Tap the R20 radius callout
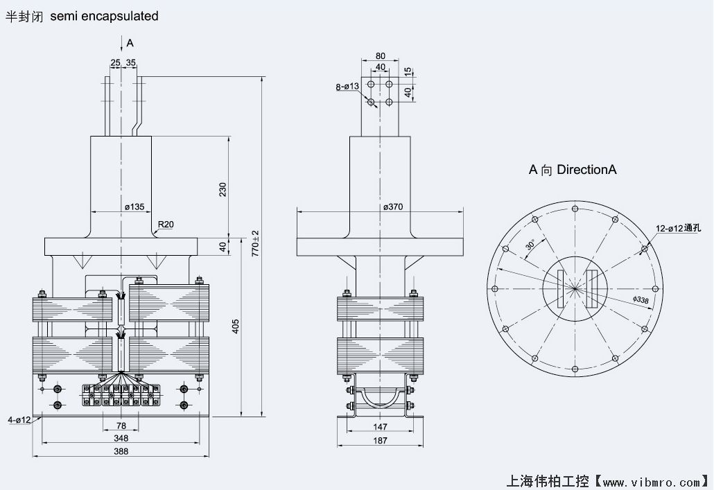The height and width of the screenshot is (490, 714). coord(166,224)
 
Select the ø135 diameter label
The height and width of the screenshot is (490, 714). coord(134,207)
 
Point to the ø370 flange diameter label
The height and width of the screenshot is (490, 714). coord(394,207)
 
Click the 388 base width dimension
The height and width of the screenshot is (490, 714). coord(121,451)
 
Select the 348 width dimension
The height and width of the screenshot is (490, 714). coord(121,438)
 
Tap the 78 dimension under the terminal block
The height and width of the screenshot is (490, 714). coord(121,426)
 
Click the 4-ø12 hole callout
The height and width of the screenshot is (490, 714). coord(19,420)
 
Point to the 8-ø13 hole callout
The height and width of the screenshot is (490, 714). coord(347,87)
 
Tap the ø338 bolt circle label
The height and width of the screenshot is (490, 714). coord(642,299)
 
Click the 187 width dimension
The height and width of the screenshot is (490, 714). coord(380,441)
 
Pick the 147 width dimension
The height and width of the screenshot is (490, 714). coord(380,428)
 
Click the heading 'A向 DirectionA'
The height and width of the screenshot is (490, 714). coord(572,169)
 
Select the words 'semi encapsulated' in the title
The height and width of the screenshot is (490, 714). coord(104,15)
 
